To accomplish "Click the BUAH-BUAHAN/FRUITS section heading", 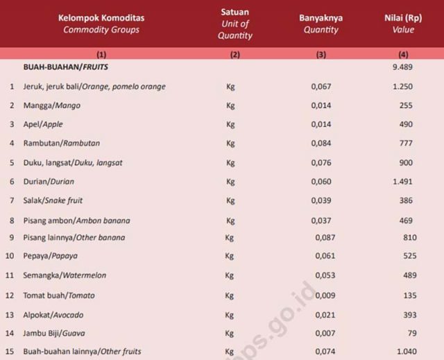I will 63,67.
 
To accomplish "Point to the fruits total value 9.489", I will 402,67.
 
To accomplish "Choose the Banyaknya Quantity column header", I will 321,24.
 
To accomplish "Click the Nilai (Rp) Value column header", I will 402,24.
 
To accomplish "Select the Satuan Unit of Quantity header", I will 234,24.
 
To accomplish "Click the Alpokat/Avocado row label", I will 53,314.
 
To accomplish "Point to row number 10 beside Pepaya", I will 10,256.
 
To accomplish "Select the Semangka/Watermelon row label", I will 65,275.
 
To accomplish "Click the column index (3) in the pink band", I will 321,53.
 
